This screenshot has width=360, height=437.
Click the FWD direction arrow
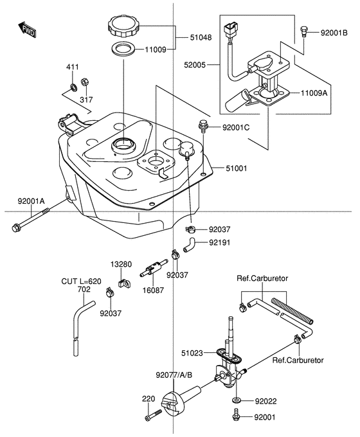click(x=26, y=30)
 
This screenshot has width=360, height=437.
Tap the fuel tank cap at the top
click(x=122, y=28)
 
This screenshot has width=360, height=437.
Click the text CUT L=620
click(x=81, y=281)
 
